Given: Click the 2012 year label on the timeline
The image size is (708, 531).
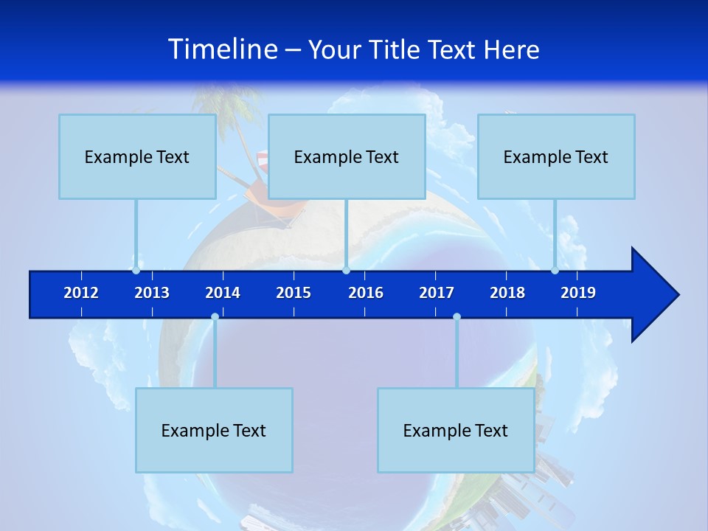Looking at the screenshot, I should coord(81,293).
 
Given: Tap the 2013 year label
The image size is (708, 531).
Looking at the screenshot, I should coord(152,293).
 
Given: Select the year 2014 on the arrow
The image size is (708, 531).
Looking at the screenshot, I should coord(223,293).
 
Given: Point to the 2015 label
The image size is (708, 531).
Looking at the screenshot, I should coord(294,293).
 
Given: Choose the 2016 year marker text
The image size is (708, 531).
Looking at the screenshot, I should coord(366,293).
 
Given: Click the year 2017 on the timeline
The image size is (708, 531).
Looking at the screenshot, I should coord(437,293).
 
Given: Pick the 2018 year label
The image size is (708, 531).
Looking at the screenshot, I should coord(507,293).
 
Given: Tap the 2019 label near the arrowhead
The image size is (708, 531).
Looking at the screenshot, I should coord(578,293).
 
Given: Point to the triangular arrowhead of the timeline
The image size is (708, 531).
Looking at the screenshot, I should coord(653,295).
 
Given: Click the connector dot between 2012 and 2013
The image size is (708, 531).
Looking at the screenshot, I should coord(136,271).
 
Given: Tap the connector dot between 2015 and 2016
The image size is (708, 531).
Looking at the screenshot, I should coord(346,271).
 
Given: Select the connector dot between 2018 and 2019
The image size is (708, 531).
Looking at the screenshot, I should coord(555,271).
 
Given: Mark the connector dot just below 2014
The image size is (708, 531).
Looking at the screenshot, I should coord(215,317).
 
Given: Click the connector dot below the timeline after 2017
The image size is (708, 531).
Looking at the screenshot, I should coord(457,317).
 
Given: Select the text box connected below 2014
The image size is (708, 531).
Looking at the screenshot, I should coord(214,430).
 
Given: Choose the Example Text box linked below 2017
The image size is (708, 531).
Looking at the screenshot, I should coord(456,430).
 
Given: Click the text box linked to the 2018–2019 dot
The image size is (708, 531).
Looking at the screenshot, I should coord(556,156).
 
